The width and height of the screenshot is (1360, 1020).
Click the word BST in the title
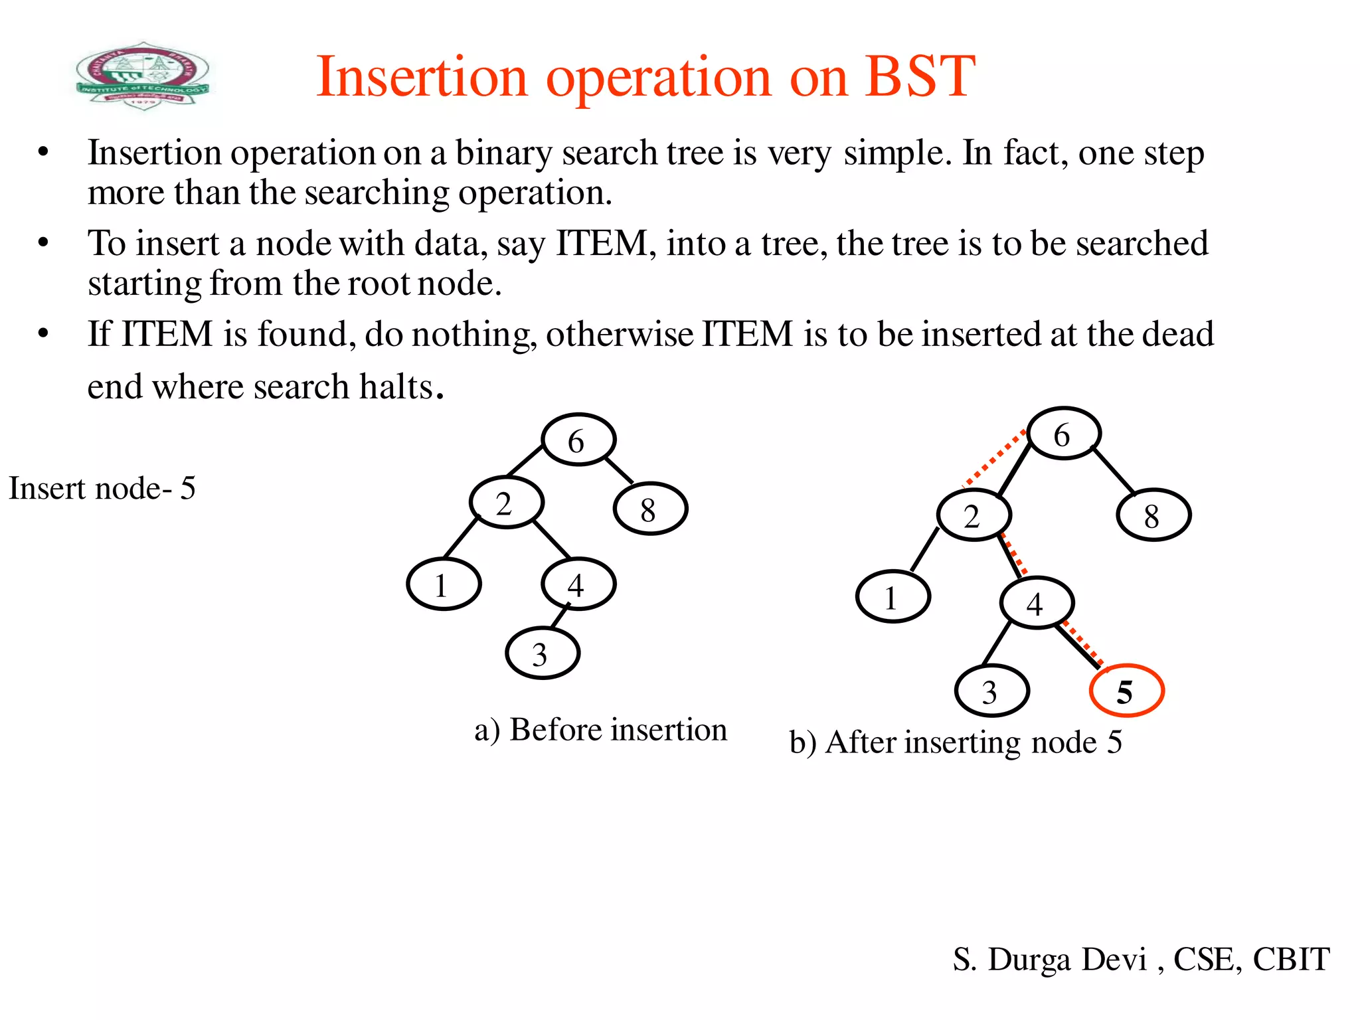tap(920, 77)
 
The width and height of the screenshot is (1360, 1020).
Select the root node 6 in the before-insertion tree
tap(578, 440)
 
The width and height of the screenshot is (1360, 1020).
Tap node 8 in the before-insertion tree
tap(650, 509)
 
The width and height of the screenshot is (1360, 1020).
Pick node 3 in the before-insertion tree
tap(542, 654)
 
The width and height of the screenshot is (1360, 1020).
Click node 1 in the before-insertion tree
tap(443, 584)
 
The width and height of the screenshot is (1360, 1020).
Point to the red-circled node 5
tap(1126, 691)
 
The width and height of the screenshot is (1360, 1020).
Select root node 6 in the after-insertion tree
tap(1064, 434)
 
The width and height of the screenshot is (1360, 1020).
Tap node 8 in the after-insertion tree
tap(1153, 515)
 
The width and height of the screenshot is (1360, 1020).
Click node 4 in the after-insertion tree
tap(1037, 603)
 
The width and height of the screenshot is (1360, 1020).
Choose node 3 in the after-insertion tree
tap(991, 691)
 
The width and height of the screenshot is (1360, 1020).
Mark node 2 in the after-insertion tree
tap(974, 515)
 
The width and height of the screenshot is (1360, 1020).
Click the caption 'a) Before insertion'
tap(600, 730)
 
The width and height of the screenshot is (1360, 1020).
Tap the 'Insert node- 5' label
tap(102, 489)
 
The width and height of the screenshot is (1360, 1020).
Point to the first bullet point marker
tap(43, 152)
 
